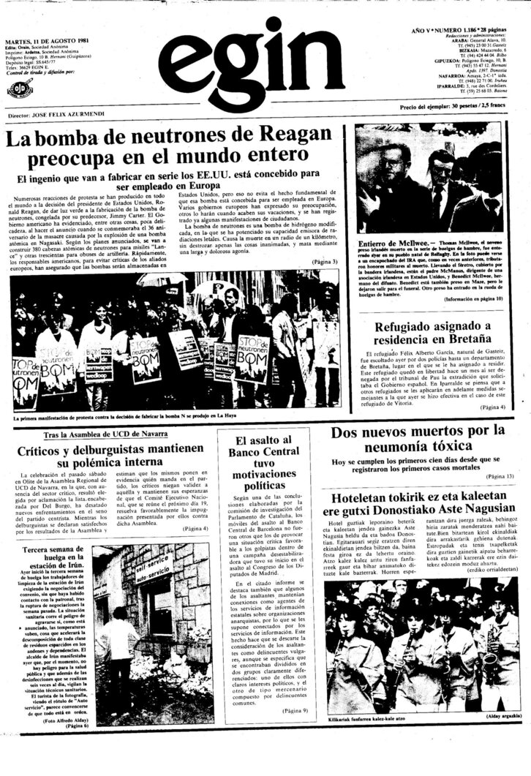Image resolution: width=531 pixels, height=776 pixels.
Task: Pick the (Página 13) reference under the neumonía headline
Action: click(x=497, y=476)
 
